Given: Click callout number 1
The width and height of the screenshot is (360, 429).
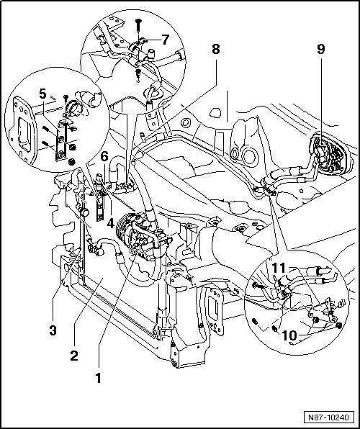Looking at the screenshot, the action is tap(98, 378).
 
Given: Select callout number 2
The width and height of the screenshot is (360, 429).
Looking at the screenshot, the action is tap(74, 356).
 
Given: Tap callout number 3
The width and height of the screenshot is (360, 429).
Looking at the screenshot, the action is tap(53, 330).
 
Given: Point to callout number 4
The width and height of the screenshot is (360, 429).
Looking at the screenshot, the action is tap(111, 224).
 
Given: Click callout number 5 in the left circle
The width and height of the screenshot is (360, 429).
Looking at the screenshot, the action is tap(42, 94).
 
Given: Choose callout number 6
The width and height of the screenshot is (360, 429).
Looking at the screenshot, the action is tap(104, 156).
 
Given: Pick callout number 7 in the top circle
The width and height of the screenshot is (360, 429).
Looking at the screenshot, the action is tap(166, 40).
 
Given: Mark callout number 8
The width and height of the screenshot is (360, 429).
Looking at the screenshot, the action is tap(216, 49).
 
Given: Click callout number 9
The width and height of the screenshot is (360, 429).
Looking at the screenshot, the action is tap(321, 49).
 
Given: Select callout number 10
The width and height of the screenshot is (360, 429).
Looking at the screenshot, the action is tap(289, 335).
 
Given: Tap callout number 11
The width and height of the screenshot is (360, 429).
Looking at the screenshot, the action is tap(279, 268).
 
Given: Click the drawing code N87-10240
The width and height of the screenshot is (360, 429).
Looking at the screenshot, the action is tap(329, 417).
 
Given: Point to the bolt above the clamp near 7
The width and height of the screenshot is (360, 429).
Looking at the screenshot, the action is tap(138, 25).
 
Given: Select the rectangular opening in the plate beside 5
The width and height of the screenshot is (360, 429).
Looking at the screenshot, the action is tap(24, 134).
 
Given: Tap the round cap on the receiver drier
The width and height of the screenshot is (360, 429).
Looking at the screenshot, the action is tap(84, 212).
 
